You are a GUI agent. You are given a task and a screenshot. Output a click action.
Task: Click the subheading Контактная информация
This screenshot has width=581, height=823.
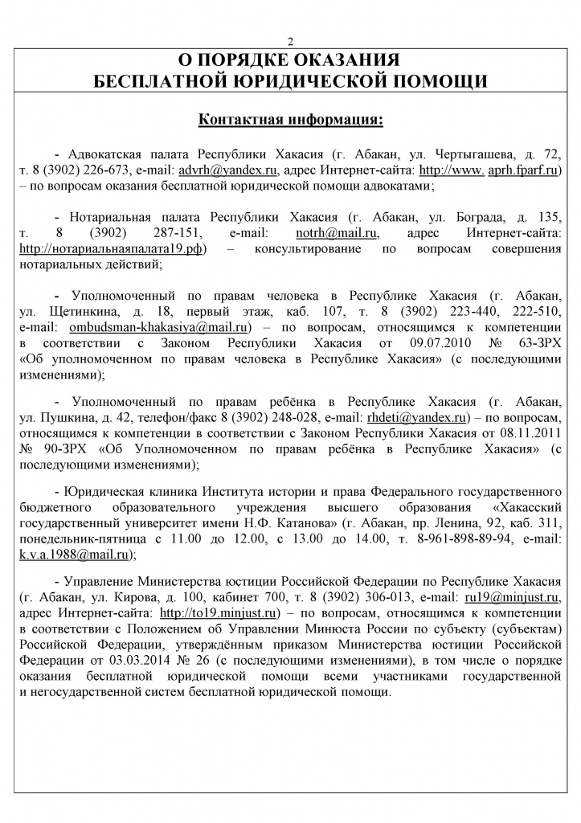290,120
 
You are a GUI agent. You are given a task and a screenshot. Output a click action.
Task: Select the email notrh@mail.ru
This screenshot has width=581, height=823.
326,233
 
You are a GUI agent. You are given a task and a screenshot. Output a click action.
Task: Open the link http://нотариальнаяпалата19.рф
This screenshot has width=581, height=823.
112,248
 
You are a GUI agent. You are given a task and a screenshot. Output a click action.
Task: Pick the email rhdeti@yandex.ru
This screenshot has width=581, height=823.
416,417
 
